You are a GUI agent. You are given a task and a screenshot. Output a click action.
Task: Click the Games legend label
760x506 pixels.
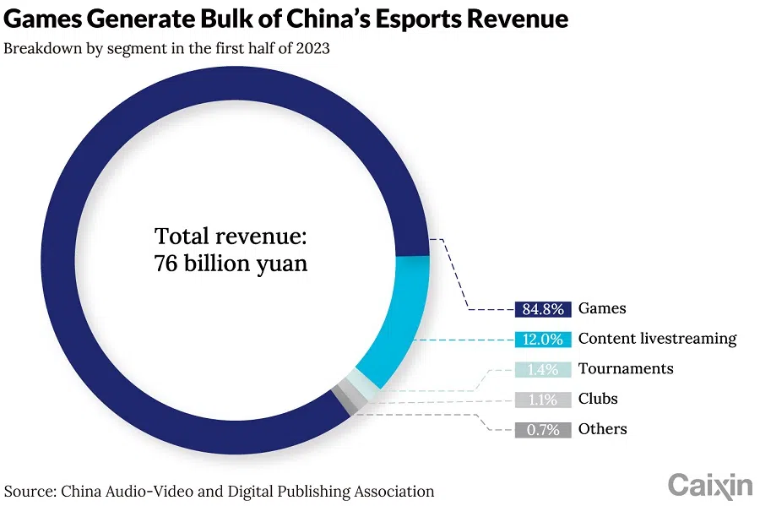tap(602, 308)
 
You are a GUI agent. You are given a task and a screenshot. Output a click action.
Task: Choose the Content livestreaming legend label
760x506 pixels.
tap(657, 339)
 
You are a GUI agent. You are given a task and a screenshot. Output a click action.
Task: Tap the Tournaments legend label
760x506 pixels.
tap(626, 369)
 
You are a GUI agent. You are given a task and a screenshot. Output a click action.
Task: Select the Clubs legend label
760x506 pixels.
tap(598, 400)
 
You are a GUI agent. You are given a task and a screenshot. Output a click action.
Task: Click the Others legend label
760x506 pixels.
tap(602, 430)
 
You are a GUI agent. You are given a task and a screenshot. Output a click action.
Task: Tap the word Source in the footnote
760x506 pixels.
tap(29, 491)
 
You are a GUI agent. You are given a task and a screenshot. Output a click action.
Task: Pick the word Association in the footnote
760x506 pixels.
tap(389, 491)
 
